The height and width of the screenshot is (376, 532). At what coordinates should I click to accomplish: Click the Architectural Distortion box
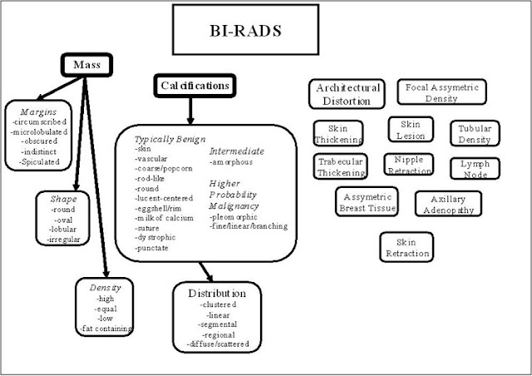click(346, 94)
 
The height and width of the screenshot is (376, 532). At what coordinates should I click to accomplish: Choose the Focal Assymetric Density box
click(441, 92)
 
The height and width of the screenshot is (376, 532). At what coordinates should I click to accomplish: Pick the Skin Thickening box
click(338, 135)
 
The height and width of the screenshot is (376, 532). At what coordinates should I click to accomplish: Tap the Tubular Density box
click(475, 135)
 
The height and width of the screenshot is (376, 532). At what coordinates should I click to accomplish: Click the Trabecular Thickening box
click(340, 167)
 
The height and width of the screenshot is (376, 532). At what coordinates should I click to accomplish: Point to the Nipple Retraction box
click(408, 165)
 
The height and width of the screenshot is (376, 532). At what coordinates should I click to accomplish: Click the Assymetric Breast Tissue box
click(367, 202)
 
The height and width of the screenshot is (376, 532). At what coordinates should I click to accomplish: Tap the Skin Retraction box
click(406, 245)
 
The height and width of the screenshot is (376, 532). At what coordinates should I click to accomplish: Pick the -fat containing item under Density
click(106, 329)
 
